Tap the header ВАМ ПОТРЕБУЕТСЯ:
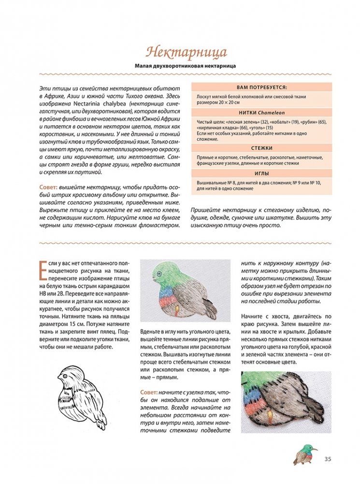262,88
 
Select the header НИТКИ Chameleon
262,112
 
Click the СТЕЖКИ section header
262,148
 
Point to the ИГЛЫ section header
262,173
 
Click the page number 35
327,459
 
